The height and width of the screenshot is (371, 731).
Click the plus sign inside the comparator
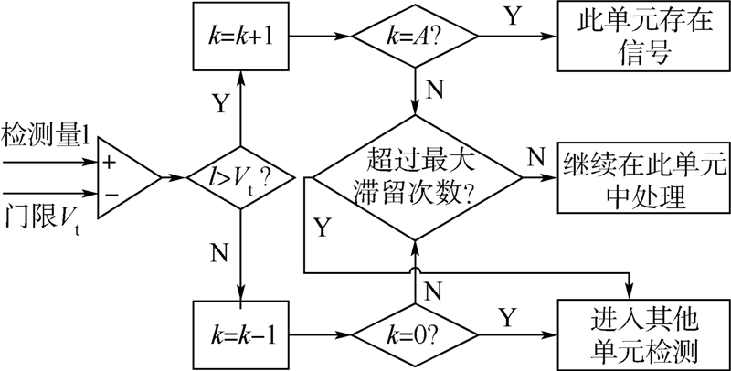tap(111, 162)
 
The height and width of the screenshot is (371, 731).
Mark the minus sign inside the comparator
tap(111, 193)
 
